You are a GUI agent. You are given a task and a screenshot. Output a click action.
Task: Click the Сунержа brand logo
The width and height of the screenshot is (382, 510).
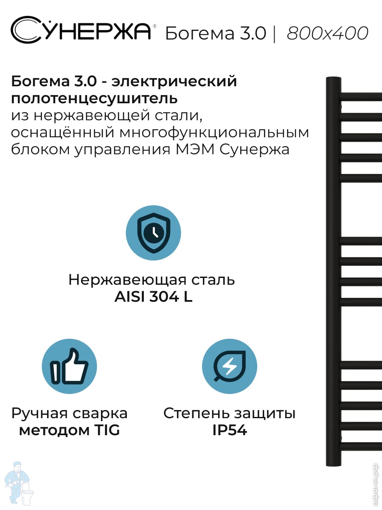click(x=81, y=31)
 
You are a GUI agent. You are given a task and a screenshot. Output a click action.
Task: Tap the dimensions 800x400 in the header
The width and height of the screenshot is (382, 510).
click(x=327, y=33)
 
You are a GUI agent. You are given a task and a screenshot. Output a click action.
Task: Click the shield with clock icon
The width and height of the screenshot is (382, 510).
click(x=153, y=232)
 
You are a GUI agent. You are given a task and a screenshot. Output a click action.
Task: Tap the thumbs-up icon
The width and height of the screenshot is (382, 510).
click(x=69, y=366)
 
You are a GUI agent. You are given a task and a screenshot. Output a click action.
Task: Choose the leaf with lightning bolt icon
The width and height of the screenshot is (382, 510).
click(x=230, y=366)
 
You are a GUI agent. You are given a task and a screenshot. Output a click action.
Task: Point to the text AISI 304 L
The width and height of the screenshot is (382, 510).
click(x=153, y=297)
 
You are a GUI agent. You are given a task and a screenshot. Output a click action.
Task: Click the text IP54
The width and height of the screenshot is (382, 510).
click(x=230, y=431)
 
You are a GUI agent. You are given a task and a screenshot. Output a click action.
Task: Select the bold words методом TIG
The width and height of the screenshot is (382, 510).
click(x=69, y=431)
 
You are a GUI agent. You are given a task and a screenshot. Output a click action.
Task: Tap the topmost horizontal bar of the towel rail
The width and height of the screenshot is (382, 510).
click(x=361, y=97)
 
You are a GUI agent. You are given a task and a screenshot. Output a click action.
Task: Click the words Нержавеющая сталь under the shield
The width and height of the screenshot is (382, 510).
click(x=152, y=280)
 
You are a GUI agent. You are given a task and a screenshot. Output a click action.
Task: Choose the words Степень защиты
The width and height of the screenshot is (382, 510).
click(x=230, y=413)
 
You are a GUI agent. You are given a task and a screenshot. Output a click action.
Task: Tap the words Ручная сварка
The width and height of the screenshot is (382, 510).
click(x=69, y=413)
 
